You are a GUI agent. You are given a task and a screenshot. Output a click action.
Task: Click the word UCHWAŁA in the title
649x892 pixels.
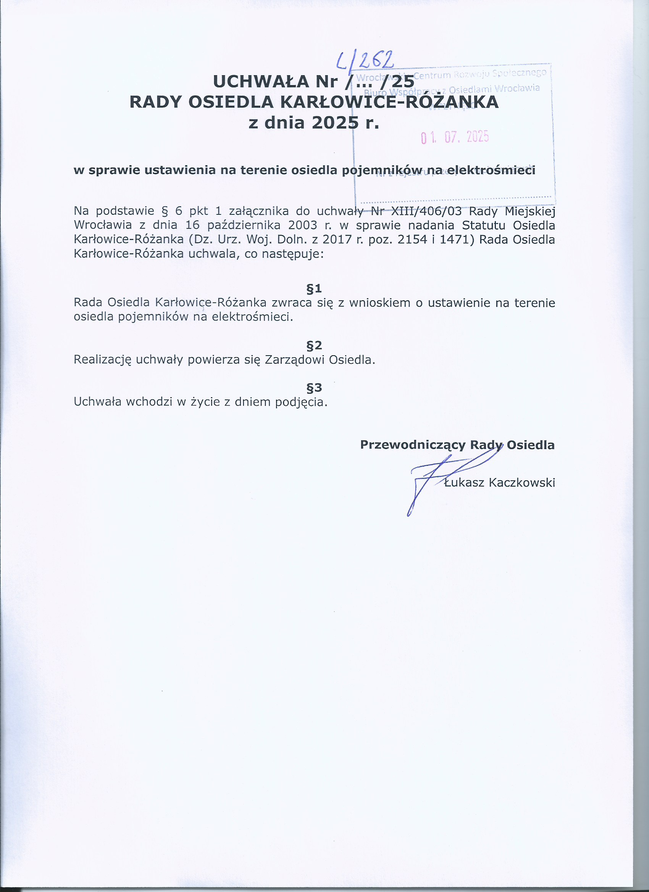tap(261, 81)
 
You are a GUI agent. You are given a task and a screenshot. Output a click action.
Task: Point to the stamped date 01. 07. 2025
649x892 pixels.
tap(455, 137)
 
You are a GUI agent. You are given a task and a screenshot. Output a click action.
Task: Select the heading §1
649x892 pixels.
tap(314, 289)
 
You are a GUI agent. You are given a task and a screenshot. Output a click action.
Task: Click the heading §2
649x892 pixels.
tap(314, 345)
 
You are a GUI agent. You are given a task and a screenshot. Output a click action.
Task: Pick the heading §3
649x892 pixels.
tap(314, 388)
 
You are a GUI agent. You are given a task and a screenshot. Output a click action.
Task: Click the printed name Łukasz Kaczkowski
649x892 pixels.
tap(499, 483)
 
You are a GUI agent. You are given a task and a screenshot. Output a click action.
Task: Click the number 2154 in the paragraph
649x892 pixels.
tap(412, 240)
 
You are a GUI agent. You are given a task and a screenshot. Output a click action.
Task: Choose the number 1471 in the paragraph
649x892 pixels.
tap(457, 240)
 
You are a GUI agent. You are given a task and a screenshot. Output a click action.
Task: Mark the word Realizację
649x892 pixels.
tap(102, 360)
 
